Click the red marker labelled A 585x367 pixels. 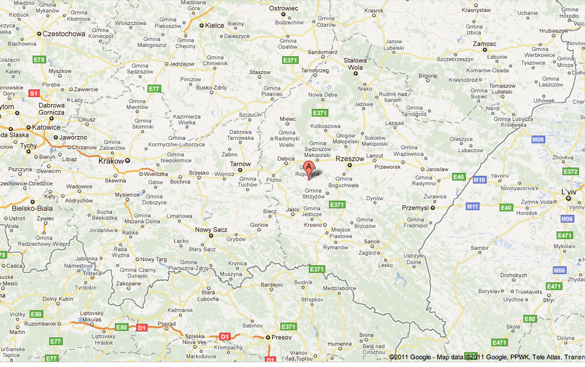pos(308,166)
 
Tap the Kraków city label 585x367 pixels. pos(111,160)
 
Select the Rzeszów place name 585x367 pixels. pos(349,159)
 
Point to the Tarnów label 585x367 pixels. pos(240,164)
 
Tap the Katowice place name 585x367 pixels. pos(46,127)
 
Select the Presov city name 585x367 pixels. pos(280,337)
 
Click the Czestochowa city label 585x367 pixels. pos(63,34)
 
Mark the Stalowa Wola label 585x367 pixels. pos(356,64)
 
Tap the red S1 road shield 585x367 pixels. pos(34,94)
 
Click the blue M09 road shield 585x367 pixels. pos(538,140)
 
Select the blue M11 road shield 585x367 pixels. pos(472,206)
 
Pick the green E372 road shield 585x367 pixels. pos(570,172)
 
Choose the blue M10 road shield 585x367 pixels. pos(479,179)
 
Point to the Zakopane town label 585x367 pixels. pos(128,284)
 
